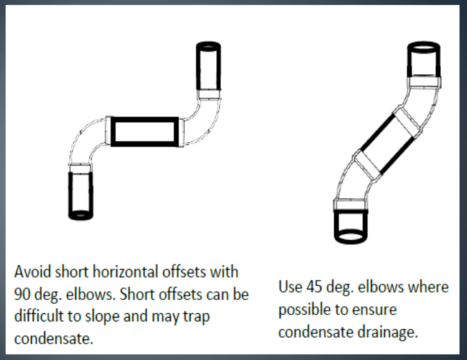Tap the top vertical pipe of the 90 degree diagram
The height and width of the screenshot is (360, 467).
pyautogui.click(x=208, y=66)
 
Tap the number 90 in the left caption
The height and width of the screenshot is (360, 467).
pyautogui.click(x=22, y=294)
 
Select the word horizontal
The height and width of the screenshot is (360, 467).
pyautogui.click(x=126, y=272)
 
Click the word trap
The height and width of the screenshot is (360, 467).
pyautogui.click(x=196, y=317)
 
